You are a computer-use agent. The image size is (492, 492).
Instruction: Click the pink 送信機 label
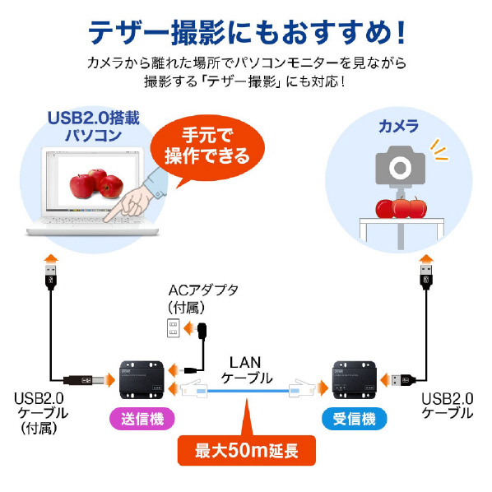pos(142,419)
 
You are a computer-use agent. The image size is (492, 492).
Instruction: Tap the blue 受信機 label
pos(355,419)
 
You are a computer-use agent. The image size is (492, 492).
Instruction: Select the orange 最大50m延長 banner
pos(247,450)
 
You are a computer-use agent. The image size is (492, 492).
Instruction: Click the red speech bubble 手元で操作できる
pos(207,146)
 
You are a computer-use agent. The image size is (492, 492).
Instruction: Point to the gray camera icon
pos(401,165)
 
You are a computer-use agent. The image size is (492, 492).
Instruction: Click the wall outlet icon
pos(174,328)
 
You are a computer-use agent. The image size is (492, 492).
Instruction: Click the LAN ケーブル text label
pos(246,370)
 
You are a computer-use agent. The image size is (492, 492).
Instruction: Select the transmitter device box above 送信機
pos(142,379)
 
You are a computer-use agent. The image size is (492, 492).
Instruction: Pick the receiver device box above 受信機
pos(355,379)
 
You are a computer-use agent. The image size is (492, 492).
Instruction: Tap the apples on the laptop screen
pos(96,183)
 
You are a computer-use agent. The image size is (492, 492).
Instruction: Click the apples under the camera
pos(401,207)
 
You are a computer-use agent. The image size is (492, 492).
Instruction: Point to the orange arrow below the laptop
pos(51,259)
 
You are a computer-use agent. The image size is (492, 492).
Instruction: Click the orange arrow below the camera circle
pos(426,259)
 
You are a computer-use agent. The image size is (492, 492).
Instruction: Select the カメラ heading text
pos(399,127)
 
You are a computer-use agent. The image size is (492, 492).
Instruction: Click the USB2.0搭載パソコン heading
pos(94,127)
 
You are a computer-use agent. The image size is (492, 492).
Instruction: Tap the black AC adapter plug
pos(202,332)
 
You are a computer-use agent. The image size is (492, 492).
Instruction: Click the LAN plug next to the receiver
pos(302,389)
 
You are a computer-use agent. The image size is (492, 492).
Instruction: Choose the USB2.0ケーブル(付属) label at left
pos(41,413)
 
